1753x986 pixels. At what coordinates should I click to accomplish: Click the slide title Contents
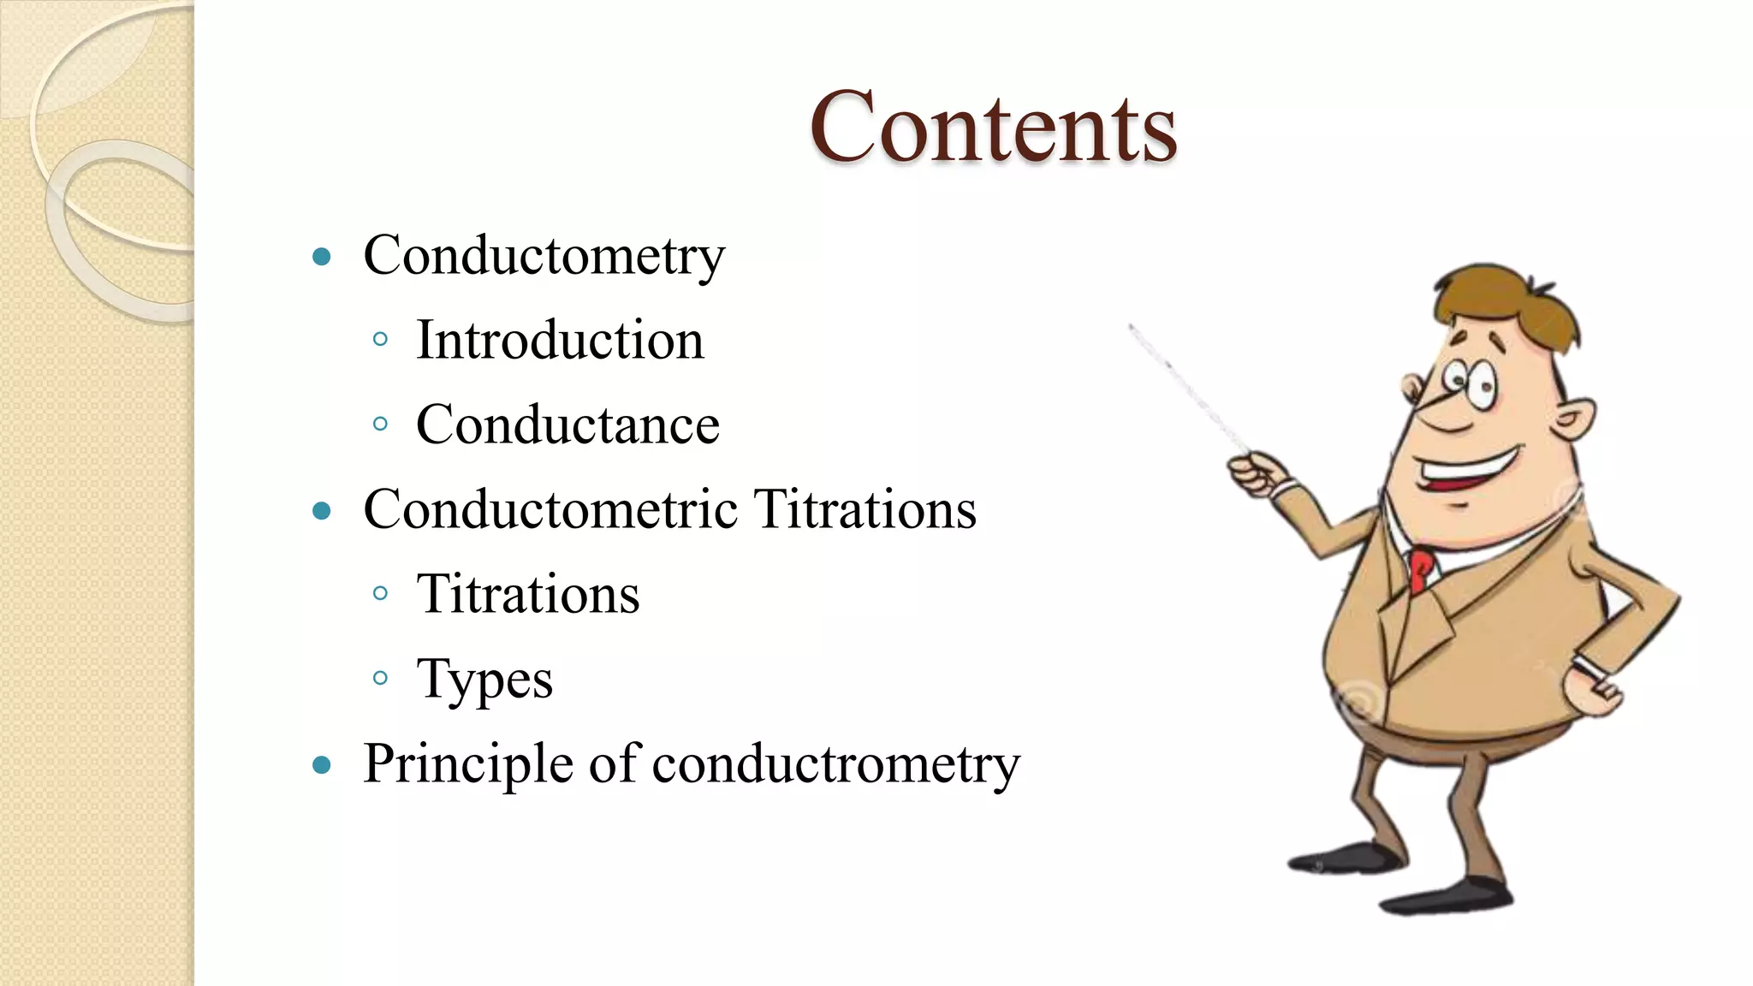point(993,128)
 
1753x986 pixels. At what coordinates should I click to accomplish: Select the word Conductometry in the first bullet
point(544,256)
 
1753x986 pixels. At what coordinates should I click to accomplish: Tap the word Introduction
point(560,340)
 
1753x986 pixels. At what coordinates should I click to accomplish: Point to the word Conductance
point(567,425)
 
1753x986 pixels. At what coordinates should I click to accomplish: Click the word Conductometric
point(550,509)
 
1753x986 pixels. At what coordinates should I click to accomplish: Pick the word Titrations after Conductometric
point(865,509)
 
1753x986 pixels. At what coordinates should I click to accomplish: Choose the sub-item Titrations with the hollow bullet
point(528,594)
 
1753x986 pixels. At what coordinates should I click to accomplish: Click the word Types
point(484,680)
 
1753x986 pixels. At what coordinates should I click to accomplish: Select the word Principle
point(468,763)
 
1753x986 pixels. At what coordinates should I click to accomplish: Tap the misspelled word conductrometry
point(836,763)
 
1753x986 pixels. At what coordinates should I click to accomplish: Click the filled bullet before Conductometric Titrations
point(322,511)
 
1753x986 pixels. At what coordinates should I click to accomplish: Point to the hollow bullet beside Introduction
point(381,340)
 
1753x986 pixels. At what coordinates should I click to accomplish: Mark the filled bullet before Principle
point(322,764)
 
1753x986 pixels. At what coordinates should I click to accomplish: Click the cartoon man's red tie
point(1421,569)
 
